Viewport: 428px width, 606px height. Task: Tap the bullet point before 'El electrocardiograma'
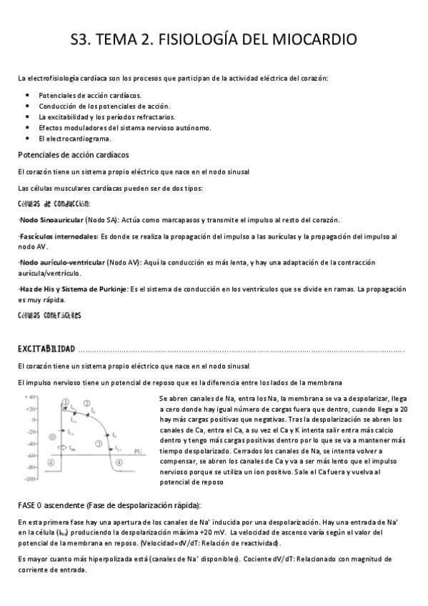point(27,138)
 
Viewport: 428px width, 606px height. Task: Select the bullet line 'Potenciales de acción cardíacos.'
point(90,95)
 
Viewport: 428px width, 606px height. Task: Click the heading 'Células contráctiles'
point(50,315)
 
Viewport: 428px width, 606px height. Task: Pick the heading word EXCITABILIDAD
point(46,349)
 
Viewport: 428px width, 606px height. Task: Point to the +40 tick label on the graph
point(29,397)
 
